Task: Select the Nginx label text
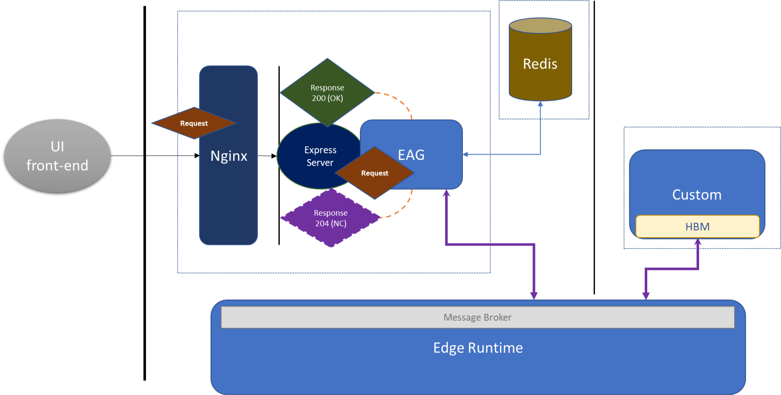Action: coord(229,156)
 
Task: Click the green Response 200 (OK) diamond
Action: coord(327,92)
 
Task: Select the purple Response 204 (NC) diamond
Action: coord(330,218)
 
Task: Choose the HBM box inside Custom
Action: coord(697,226)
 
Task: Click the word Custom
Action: coord(696,195)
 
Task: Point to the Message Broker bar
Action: coord(477,317)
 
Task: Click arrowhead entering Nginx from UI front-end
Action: coord(197,155)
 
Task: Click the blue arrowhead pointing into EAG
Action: coord(465,155)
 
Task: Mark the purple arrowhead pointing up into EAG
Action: coord(446,193)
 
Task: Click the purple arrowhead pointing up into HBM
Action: coord(698,242)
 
